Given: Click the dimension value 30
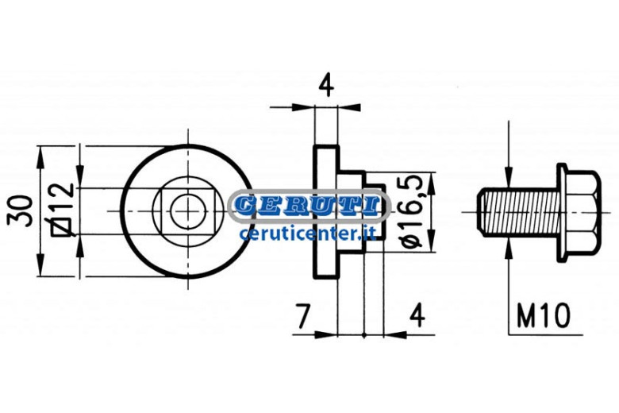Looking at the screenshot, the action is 20,210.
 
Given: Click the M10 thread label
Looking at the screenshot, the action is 544,316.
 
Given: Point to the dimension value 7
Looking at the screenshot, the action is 303,316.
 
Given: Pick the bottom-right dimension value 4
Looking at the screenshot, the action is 417,315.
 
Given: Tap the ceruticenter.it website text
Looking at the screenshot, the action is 308,233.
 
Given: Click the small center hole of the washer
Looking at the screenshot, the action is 188,211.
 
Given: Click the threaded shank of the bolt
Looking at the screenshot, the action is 521,212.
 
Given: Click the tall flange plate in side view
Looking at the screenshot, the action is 326,211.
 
